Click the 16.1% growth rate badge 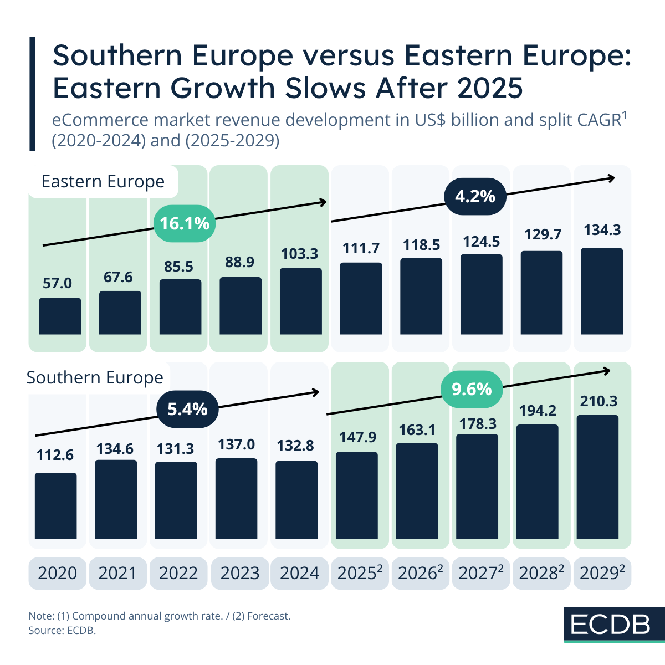pyautogui.click(x=184, y=223)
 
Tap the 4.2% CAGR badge pyautogui.click(x=475, y=197)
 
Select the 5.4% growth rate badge pyautogui.click(x=187, y=410)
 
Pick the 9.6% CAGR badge pyautogui.click(x=472, y=389)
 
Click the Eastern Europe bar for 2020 pyautogui.click(x=60, y=316)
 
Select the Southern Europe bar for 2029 pyautogui.click(x=597, y=477)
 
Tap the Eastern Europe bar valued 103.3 pyautogui.click(x=300, y=301)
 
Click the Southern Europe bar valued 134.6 pyautogui.click(x=116, y=499)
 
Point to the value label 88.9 pyautogui.click(x=239, y=262)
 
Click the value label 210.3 pyautogui.click(x=598, y=401)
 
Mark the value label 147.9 pyautogui.click(x=358, y=437)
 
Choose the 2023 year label pyautogui.click(x=239, y=573)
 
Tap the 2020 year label pyautogui.click(x=58, y=573)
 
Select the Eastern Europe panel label pyautogui.click(x=103, y=182)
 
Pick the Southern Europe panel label pyautogui.click(x=95, y=378)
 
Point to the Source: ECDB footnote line pyautogui.click(x=62, y=631)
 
